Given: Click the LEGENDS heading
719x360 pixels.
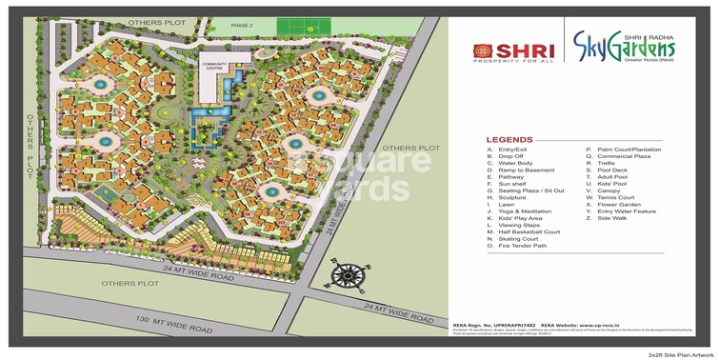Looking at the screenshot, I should [510, 137].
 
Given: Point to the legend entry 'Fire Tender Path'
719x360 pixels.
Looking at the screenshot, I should [521, 245].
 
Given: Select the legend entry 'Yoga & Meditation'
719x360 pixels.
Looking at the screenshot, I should [524, 211].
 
